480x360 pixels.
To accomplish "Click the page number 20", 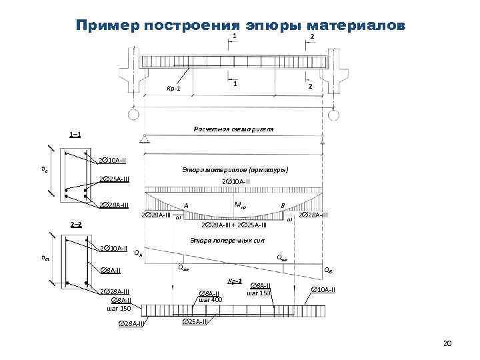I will tap(447, 343).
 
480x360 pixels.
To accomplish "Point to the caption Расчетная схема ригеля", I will tap(233, 129).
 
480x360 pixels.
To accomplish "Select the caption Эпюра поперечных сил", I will tap(223, 240).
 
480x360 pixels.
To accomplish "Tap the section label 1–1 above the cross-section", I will tap(75, 135).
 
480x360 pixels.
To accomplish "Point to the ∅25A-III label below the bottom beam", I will tap(195, 322).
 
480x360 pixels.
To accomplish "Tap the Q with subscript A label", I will tap(137, 253).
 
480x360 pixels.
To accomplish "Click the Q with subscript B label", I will tap(329, 270).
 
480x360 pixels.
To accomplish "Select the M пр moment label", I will tap(241, 203).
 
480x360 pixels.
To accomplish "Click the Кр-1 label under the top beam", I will tap(173, 89).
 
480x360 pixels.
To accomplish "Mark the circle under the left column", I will tap(134, 115).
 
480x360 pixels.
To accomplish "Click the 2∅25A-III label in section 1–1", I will tap(114, 179).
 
